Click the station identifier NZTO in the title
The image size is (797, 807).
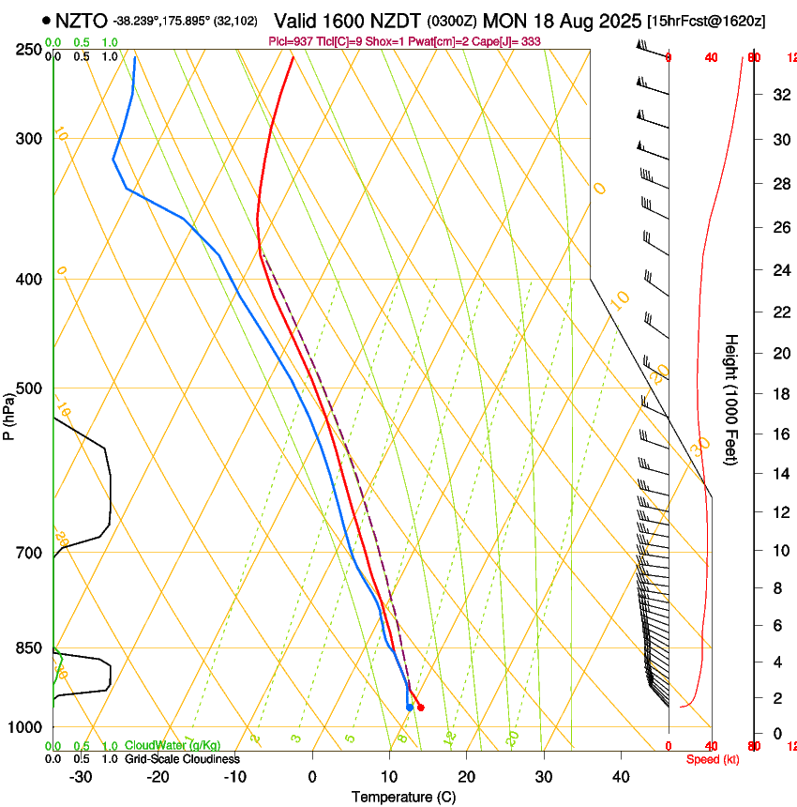(x=81, y=21)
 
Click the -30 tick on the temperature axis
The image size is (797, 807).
(x=81, y=777)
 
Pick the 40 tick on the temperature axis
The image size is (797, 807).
(x=621, y=777)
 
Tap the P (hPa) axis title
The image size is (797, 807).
(x=9, y=414)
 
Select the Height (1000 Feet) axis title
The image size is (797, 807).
(x=732, y=400)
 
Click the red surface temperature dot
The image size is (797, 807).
(x=420, y=708)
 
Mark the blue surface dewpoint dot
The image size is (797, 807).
(x=410, y=707)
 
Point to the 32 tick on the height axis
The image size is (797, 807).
(x=779, y=95)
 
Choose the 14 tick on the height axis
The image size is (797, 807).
(x=779, y=474)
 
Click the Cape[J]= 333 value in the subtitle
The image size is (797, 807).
(x=514, y=41)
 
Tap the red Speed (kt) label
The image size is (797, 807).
(x=713, y=759)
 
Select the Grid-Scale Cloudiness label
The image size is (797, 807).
(x=182, y=758)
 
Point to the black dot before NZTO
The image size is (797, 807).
(x=45, y=20)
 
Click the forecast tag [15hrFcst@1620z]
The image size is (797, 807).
(x=714, y=21)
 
